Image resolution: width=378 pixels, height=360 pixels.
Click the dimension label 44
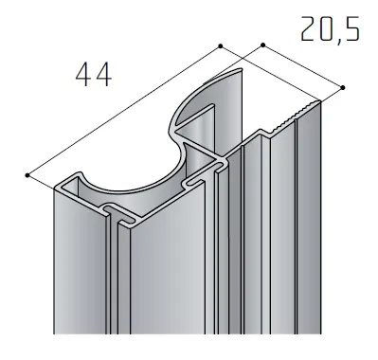coord(94,75)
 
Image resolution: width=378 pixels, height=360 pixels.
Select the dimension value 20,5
coord(330,29)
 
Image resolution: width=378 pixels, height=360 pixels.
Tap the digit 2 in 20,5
coord(308,28)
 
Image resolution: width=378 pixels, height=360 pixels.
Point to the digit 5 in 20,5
coord(351,28)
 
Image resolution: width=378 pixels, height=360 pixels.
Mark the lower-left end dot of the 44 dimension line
coord(27,175)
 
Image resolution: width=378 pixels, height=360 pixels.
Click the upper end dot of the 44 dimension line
coord(221,46)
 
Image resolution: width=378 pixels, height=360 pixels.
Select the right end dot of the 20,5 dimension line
coord(343,87)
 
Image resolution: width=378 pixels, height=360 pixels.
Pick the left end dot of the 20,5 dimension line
coord(262,45)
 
